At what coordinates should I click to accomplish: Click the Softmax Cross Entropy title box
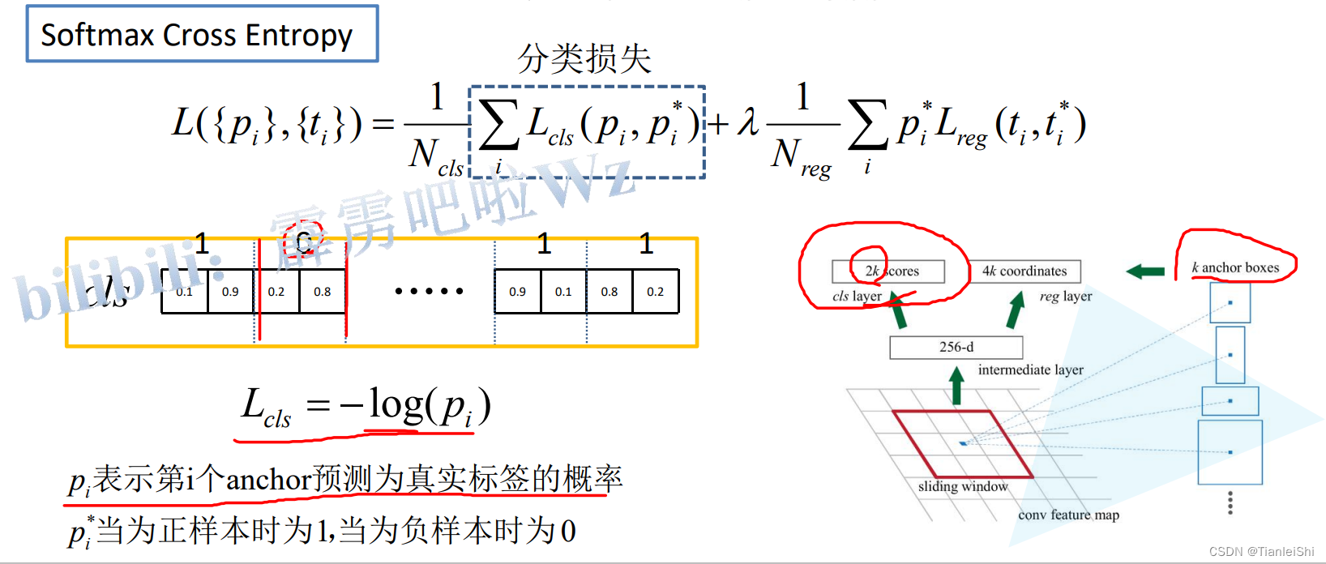[x=202, y=34]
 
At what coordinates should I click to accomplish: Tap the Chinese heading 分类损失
[x=584, y=58]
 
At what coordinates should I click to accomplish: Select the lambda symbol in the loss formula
[x=748, y=123]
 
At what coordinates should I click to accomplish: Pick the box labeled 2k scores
[x=888, y=271]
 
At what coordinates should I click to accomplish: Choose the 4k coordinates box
[x=1024, y=271]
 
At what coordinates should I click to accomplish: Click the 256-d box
[x=956, y=347]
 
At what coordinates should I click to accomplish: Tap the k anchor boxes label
[x=1235, y=267]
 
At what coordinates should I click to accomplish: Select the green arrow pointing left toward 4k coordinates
[x=1145, y=271]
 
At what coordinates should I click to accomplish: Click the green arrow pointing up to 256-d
[x=956, y=385]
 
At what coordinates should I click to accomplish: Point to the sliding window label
[x=963, y=486]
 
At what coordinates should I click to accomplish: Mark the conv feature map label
[x=1068, y=515]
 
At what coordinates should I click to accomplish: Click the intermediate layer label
[x=1030, y=370]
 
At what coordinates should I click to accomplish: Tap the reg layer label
[x=1065, y=297]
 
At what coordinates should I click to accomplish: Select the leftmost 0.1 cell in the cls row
[x=185, y=292]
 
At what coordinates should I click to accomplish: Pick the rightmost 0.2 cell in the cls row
[x=655, y=292]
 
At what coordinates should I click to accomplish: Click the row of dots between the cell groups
[x=429, y=291]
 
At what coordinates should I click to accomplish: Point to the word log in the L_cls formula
[x=396, y=404]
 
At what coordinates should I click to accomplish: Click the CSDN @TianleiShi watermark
[x=1261, y=552]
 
